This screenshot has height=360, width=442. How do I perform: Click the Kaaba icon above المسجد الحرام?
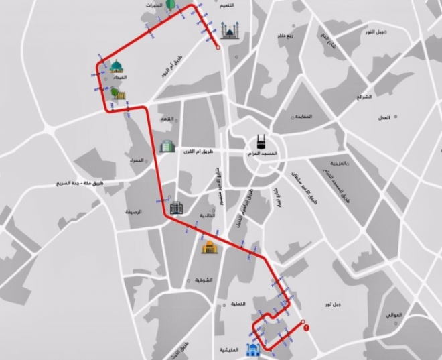(x=261, y=143)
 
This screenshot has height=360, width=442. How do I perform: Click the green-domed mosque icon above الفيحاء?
(x=117, y=66)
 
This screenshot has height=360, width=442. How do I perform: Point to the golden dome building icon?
(x=208, y=247)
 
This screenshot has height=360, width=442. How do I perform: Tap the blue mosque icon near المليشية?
(x=252, y=350)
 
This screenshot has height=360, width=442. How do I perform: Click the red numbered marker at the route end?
(x=306, y=328)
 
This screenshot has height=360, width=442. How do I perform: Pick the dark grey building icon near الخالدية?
(x=176, y=208)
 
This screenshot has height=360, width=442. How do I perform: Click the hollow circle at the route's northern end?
(x=218, y=48)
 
